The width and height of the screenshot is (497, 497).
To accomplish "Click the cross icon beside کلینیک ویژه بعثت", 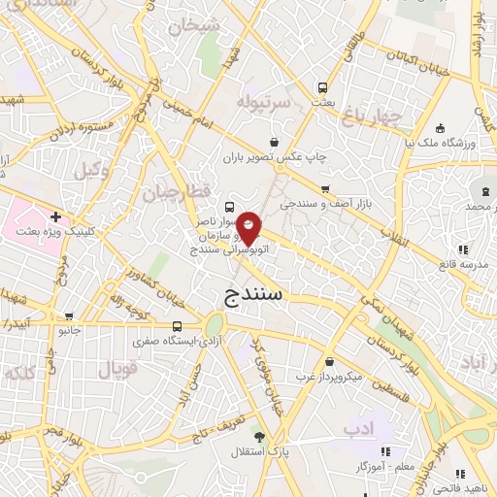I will coord(54,216).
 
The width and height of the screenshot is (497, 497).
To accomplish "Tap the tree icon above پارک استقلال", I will coord(257,435).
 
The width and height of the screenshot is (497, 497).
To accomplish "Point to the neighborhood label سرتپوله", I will coord(259,101).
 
